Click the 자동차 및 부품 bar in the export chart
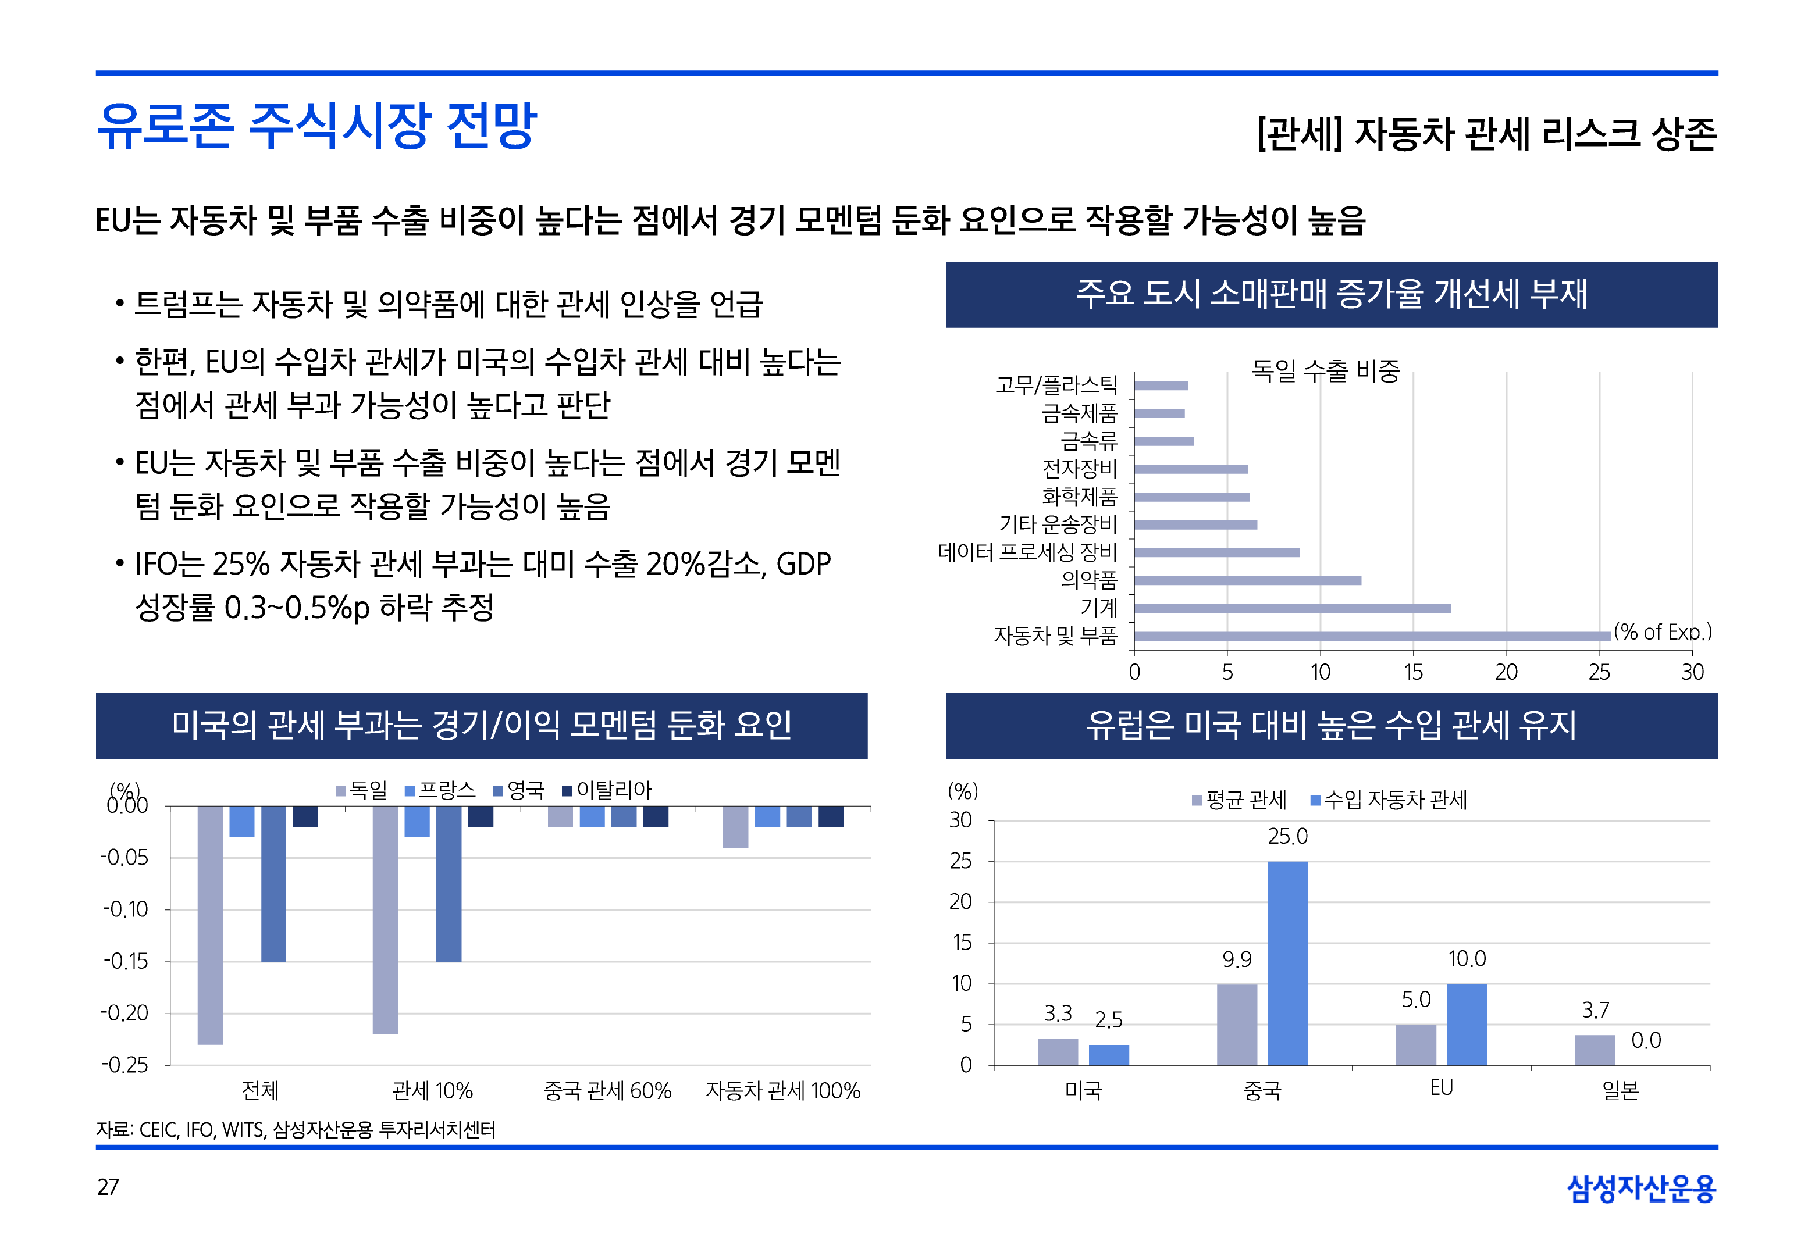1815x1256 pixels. click(1371, 636)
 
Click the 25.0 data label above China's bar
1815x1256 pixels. click(1287, 837)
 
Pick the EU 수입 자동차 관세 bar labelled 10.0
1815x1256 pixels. click(1467, 1024)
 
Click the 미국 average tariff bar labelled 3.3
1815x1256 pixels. click(1057, 1051)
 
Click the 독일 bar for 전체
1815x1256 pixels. click(210, 925)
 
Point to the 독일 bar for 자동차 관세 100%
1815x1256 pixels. click(735, 826)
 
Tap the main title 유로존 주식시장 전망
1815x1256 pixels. click(316, 126)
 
